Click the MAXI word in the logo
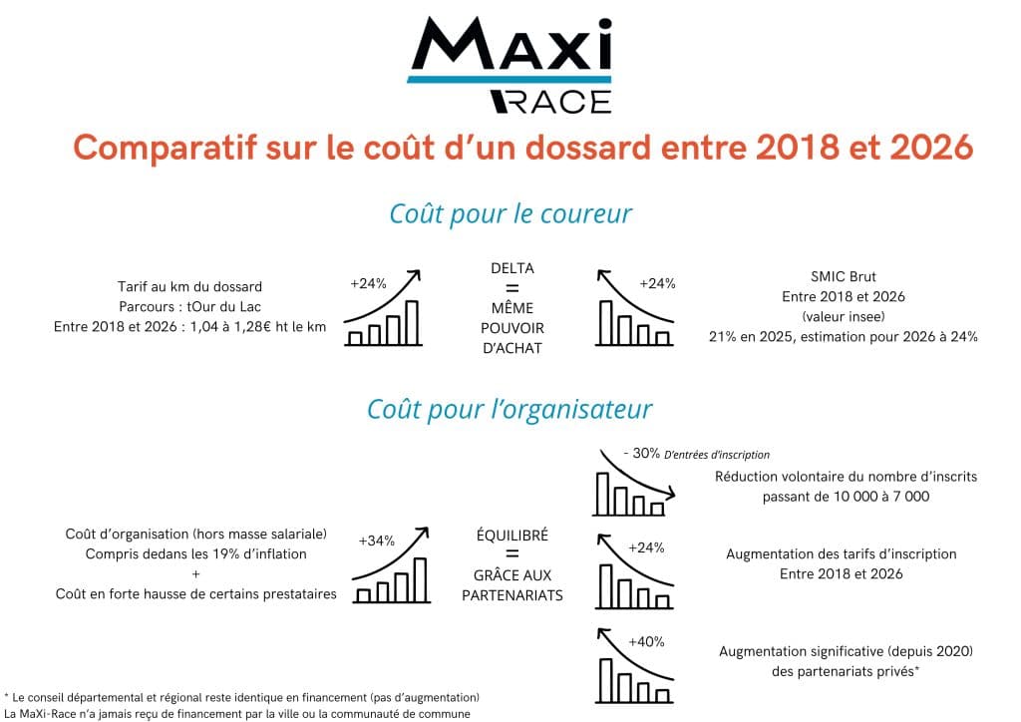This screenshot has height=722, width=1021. pyautogui.click(x=511, y=43)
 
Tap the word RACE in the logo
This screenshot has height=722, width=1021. pyautogui.click(x=550, y=102)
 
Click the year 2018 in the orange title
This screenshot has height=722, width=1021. pyautogui.click(x=797, y=148)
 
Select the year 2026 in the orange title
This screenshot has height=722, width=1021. pyautogui.click(x=931, y=148)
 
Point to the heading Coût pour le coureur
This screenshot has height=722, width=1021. pyautogui.click(x=510, y=214)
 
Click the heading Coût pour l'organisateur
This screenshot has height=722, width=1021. pyautogui.click(x=510, y=410)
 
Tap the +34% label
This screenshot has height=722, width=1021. pyautogui.click(x=376, y=541)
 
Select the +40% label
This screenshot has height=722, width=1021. pyautogui.click(x=646, y=642)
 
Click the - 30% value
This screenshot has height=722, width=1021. pyautogui.click(x=641, y=453)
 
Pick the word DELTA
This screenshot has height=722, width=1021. pyautogui.click(x=512, y=268)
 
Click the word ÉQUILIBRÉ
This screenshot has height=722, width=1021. pyautogui.click(x=512, y=536)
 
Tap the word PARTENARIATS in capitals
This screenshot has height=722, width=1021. pyautogui.click(x=512, y=595)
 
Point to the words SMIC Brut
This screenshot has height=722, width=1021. pyautogui.click(x=844, y=276)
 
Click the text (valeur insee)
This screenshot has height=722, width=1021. pyautogui.click(x=844, y=317)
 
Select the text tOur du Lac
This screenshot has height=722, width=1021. pyautogui.click(x=224, y=306)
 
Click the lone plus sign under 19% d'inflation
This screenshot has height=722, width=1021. pyautogui.click(x=196, y=574)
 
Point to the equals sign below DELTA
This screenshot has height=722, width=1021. pyautogui.click(x=512, y=288)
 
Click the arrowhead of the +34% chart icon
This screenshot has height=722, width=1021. pyautogui.click(x=423, y=533)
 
